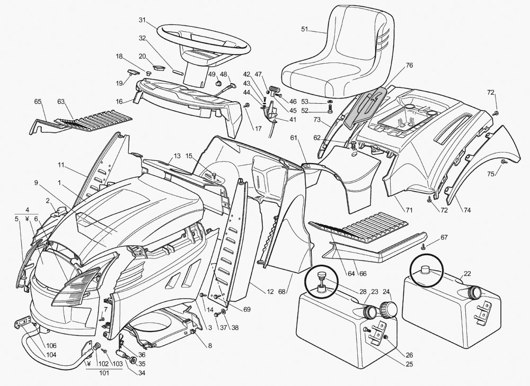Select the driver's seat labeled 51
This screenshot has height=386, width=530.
click(x=339, y=58)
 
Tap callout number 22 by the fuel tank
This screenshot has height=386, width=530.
click(x=467, y=274)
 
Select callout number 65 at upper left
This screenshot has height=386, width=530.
click(x=38, y=102)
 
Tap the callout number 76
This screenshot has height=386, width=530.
click(x=409, y=65)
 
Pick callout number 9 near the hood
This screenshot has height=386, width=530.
click(x=36, y=183)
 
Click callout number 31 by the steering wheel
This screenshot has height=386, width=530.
click(x=142, y=20)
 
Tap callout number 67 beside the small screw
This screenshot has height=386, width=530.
click(x=444, y=237)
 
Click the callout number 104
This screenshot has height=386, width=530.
click(x=51, y=355)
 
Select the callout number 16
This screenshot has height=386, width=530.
click(x=119, y=101)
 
